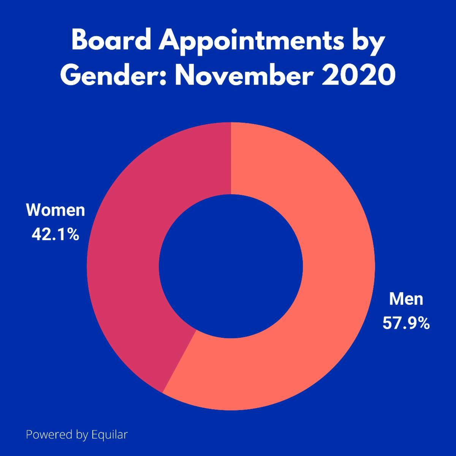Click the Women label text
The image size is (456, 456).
[55, 210]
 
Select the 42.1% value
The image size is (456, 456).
[55, 235]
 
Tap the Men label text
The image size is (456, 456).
[406, 299]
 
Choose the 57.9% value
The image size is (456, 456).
[406, 324]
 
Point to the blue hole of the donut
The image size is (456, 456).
[231, 266]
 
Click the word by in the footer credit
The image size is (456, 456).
[82, 435]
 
